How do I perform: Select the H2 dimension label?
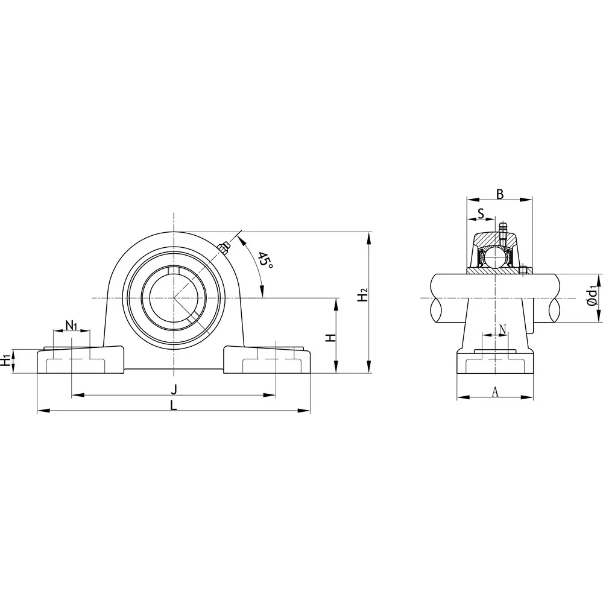click(x=362, y=296)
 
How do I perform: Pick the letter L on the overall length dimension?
click(x=174, y=406)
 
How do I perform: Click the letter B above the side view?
click(x=499, y=194)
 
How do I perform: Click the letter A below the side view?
click(x=495, y=392)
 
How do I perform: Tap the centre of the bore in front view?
click(x=174, y=298)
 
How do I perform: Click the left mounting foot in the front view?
click(x=81, y=361)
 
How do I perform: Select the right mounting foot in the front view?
click(x=268, y=361)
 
